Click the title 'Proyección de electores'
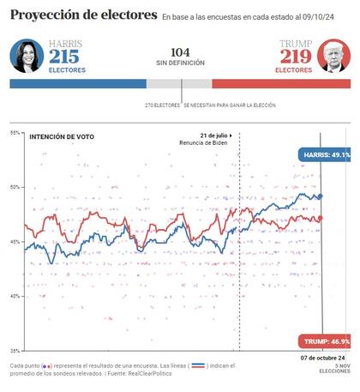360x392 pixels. point(83,15)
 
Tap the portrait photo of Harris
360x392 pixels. point(27,57)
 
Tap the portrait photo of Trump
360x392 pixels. point(333,57)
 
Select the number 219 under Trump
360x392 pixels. point(294,57)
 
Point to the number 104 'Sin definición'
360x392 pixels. point(180,52)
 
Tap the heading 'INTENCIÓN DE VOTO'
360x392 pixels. point(62,136)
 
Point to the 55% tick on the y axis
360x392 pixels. point(15,133)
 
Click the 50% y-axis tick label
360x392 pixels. point(15,187)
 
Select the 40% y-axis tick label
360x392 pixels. point(15,297)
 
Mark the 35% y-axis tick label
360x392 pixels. point(15,351)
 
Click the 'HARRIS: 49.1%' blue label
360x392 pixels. point(326,155)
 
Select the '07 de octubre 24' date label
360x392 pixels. point(321,358)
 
